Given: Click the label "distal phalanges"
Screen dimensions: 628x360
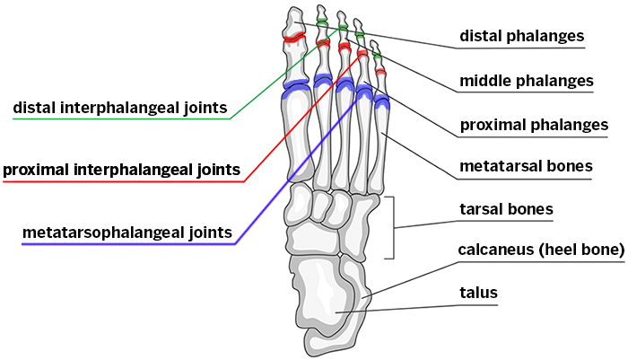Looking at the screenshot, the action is tap(521, 36).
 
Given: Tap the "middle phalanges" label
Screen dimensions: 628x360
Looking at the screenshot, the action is tap(527, 81).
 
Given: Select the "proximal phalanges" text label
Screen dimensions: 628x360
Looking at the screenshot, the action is tap(534, 125).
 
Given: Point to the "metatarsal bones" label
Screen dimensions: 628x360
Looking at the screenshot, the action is tap(526, 166).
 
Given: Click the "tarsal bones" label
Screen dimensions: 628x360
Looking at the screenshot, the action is tap(506, 209).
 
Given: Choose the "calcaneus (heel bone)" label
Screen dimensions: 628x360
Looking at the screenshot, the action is tap(541, 250).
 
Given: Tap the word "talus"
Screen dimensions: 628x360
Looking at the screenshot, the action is tap(478, 293).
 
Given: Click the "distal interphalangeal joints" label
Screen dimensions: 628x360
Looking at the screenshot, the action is tap(120, 108).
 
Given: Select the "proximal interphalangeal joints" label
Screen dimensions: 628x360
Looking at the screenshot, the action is tap(122, 170).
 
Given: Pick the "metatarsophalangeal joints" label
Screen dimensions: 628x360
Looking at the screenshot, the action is tap(127, 233).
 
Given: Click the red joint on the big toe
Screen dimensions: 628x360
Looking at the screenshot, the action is tap(295, 38).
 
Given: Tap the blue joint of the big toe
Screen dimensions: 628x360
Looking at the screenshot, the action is tap(296, 89).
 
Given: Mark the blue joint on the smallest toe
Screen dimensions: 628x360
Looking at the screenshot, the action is tap(381, 101).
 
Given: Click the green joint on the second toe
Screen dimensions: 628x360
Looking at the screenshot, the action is tap(321, 22).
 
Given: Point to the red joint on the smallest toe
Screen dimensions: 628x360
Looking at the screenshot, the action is tap(380, 72).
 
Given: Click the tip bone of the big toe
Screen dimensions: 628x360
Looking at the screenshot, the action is tap(293, 22).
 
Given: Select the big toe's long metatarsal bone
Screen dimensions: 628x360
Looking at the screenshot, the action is tap(296, 137).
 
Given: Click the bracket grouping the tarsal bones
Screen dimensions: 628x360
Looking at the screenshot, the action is tap(394, 228).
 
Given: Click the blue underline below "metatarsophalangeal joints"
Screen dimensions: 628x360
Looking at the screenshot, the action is tap(129, 244).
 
